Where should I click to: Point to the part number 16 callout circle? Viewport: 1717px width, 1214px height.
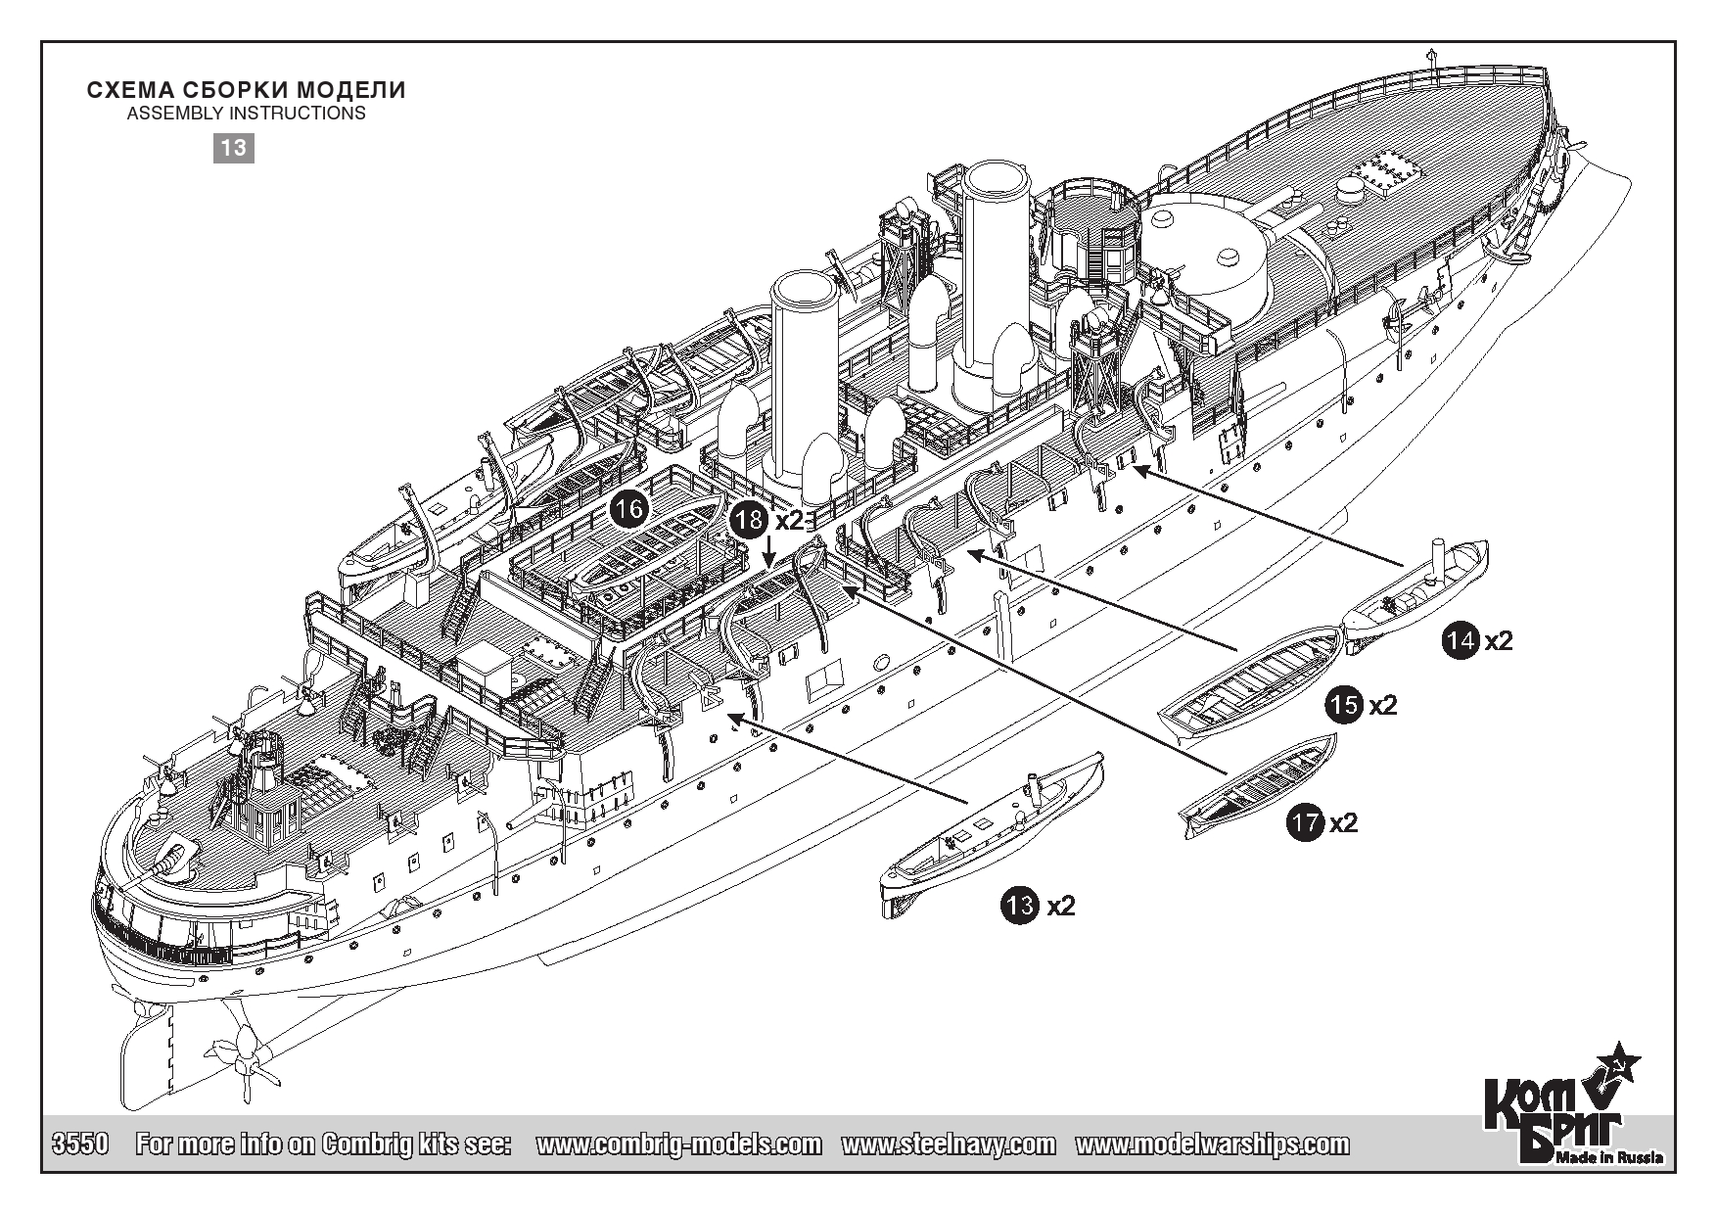tap(629, 508)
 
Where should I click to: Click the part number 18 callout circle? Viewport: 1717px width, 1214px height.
tap(751, 520)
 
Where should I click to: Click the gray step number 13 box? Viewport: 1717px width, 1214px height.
tap(234, 148)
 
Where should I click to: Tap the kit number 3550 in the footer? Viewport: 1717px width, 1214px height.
tap(78, 1144)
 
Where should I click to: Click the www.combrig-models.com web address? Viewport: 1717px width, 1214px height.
tap(679, 1144)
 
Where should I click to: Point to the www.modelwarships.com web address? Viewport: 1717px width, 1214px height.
tap(1212, 1144)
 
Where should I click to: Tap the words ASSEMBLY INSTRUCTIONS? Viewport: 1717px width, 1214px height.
tap(246, 114)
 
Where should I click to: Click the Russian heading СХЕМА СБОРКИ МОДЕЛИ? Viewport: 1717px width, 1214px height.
tap(246, 90)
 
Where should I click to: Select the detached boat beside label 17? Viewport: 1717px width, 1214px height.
tap(1258, 779)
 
